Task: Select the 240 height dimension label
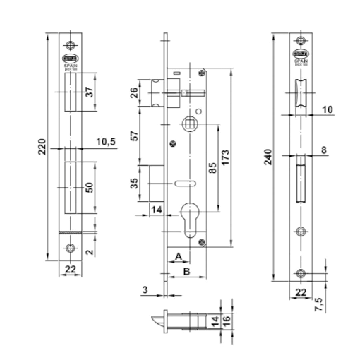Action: click(x=269, y=157)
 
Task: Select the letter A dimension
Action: click(x=179, y=256)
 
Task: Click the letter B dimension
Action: click(x=187, y=271)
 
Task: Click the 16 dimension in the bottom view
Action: click(x=226, y=321)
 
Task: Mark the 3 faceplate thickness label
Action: click(x=145, y=290)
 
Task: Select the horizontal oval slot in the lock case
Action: click(x=184, y=183)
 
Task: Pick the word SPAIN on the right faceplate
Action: click(x=301, y=61)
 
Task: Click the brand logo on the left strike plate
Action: click(x=70, y=58)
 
